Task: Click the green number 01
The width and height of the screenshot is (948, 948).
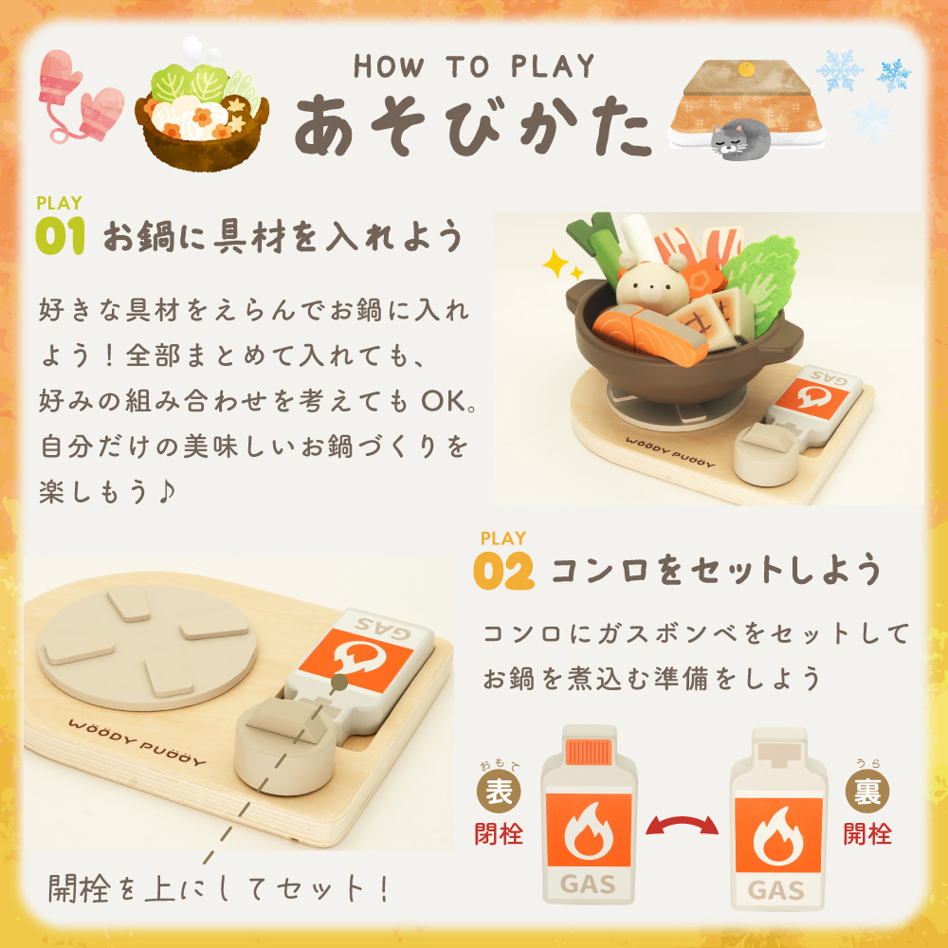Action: coord(60,236)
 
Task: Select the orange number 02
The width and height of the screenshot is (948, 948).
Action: coord(503,571)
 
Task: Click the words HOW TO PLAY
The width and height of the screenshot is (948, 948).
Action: coord(474,66)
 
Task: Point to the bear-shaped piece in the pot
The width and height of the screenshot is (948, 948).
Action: coord(653,283)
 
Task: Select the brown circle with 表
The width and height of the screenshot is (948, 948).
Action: coord(499,792)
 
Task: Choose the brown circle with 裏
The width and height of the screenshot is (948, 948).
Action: coord(867,792)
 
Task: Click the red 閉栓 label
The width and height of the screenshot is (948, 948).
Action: coord(499,833)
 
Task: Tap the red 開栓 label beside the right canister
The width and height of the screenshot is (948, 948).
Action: coord(867,833)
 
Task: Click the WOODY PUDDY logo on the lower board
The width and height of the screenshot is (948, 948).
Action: coord(137,741)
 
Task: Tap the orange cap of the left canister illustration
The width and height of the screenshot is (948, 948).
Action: coord(589,752)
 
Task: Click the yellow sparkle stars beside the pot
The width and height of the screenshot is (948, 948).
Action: coord(561,265)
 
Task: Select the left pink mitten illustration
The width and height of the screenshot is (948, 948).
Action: coord(60,78)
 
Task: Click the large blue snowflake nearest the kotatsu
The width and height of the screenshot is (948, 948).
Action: coord(840,69)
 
